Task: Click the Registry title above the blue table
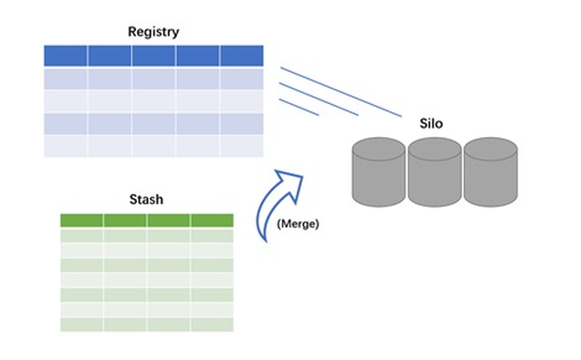click(153, 32)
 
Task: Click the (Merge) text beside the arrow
click(298, 224)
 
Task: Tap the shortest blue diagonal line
click(299, 107)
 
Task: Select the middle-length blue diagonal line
click(319, 99)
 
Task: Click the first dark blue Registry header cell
click(66, 56)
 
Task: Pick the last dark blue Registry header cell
click(241, 56)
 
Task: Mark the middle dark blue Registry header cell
click(153, 56)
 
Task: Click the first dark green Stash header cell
click(82, 220)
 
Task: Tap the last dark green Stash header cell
click(212, 220)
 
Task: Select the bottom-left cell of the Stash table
click(82, 324)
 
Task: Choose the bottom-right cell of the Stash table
click(212, 324)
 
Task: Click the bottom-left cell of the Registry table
click(66, 146)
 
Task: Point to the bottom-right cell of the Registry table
click(241, 146)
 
